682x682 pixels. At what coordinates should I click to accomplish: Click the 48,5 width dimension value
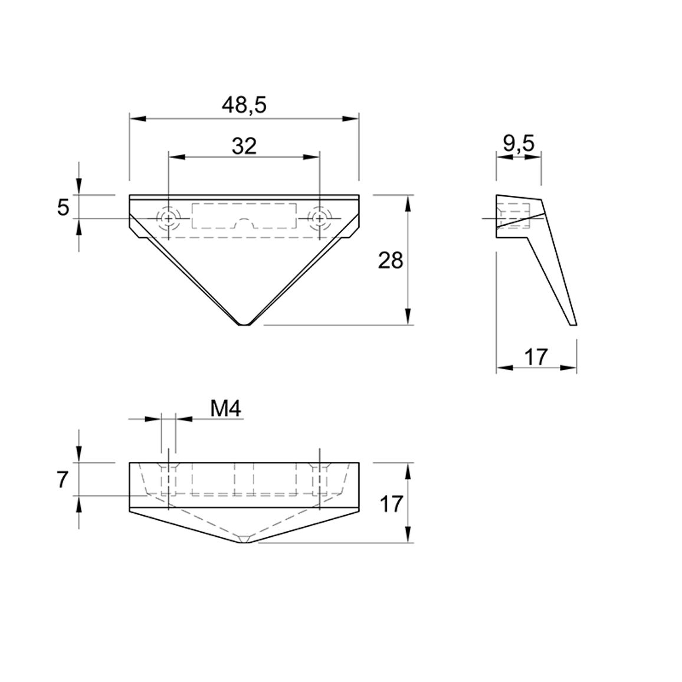coord(244,105)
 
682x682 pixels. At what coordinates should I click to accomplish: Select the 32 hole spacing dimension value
coord(244,146)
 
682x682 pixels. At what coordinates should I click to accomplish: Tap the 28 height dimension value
coord(391,261)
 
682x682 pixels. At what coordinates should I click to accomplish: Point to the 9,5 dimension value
coord(519,143)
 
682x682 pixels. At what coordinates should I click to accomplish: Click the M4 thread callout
coord(226,408)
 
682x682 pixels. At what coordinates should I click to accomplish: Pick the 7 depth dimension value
coord(63,480)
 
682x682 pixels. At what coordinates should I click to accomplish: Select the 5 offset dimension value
coord(63,208)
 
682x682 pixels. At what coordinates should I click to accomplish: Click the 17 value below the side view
coord(536,357)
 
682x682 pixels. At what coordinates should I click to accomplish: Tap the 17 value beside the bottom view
coord(391,504)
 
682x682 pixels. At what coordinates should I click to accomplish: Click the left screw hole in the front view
coord(168,218)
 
